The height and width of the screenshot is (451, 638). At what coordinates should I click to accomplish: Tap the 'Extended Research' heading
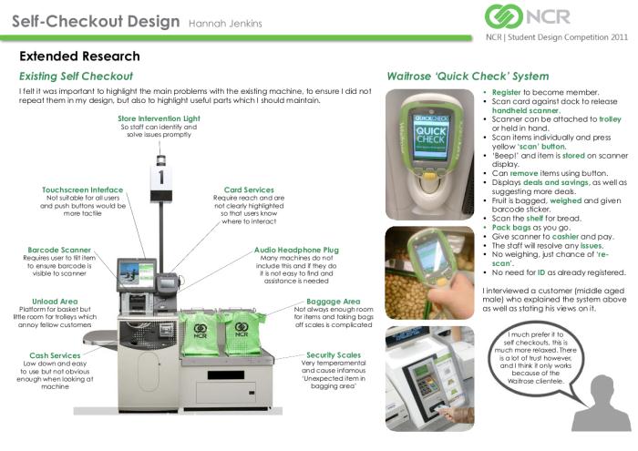(79, 56)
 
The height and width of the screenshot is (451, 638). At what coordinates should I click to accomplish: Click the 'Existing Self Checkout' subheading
(76, 77)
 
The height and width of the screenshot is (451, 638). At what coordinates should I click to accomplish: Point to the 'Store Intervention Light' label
(160, 118)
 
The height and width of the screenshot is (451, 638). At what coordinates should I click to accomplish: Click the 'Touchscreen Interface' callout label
(82, 190)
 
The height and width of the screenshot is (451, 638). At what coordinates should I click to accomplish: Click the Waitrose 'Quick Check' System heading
(468, 77)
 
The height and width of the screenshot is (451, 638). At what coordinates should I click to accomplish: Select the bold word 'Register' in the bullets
(506, 93)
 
